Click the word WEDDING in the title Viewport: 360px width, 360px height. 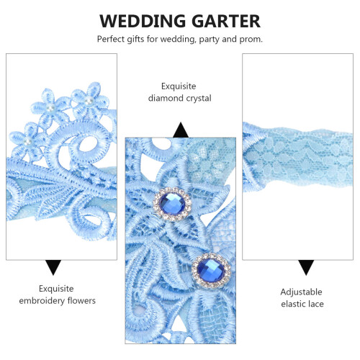pos(143,21)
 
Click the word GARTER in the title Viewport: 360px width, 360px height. pos(226,21)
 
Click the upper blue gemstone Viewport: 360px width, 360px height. pos(172,204)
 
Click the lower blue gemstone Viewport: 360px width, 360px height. pos(211,270)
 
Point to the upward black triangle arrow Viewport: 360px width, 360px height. pos(181,130)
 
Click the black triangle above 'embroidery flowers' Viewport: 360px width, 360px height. pos(53,267)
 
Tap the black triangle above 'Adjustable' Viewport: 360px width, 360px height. pos(306,267)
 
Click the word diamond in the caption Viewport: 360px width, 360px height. pos(166,98)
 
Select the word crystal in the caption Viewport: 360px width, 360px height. pos(199,99)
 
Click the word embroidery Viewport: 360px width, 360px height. pos(42,301)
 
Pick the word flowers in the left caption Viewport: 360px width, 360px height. pos(81,300)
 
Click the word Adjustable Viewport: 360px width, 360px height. pos(301,292)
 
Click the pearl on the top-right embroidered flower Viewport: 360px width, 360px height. pos(89,101)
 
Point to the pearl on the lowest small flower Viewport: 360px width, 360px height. pos(27,142)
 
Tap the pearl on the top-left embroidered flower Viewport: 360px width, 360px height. pos(50,109)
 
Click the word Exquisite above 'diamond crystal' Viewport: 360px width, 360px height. pos(179,86)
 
